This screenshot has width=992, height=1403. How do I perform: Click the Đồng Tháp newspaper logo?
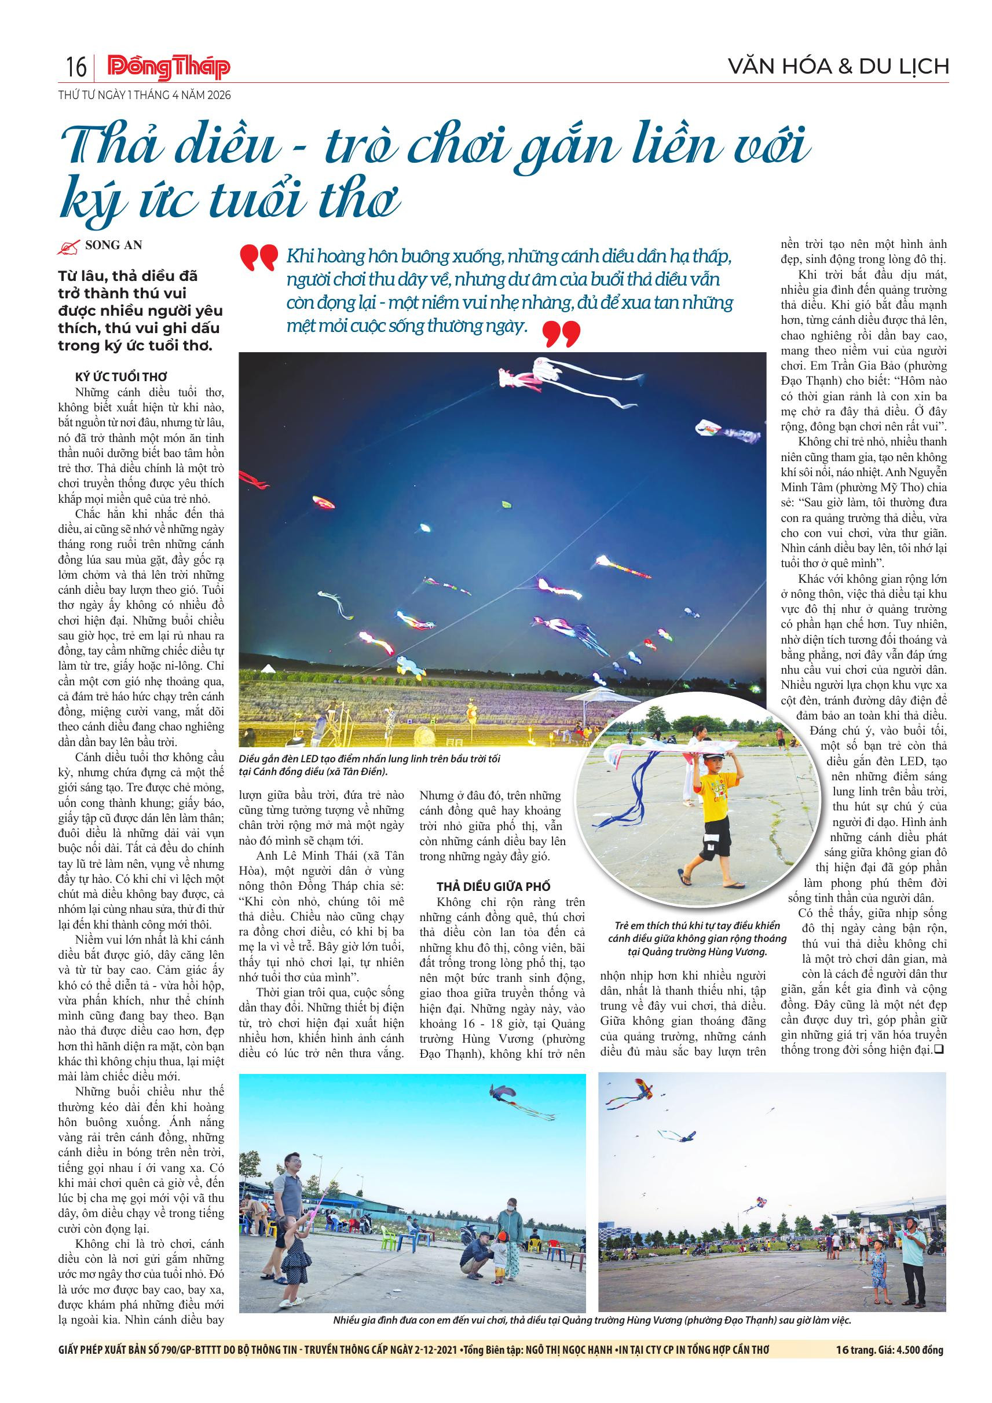point(168,67)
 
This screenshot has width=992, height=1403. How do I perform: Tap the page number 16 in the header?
point(76,67)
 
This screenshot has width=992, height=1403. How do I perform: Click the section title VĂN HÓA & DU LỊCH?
point(839,66)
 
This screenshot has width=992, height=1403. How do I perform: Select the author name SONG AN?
point(114,246)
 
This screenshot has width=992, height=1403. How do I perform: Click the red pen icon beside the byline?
point(68,247)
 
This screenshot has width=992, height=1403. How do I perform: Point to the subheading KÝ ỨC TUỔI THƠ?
point(121,377)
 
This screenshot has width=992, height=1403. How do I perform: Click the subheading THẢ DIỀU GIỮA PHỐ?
point(493,886)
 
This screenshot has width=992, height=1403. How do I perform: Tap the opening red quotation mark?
point(258,258)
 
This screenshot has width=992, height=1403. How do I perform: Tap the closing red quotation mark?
point(561,334)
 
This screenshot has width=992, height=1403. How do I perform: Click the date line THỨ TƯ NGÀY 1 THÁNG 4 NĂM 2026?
point(145,96)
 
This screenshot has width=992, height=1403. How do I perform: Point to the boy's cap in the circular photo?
point(713,756)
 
